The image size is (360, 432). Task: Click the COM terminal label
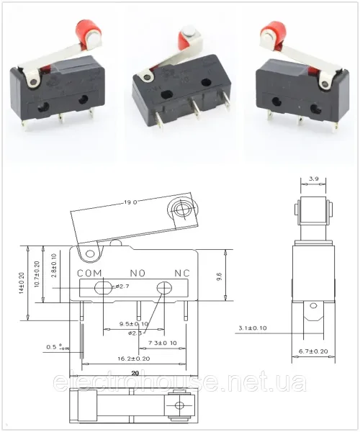(90, 274)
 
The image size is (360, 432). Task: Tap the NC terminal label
(183, 274)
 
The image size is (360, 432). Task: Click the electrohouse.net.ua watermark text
(180, 382)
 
